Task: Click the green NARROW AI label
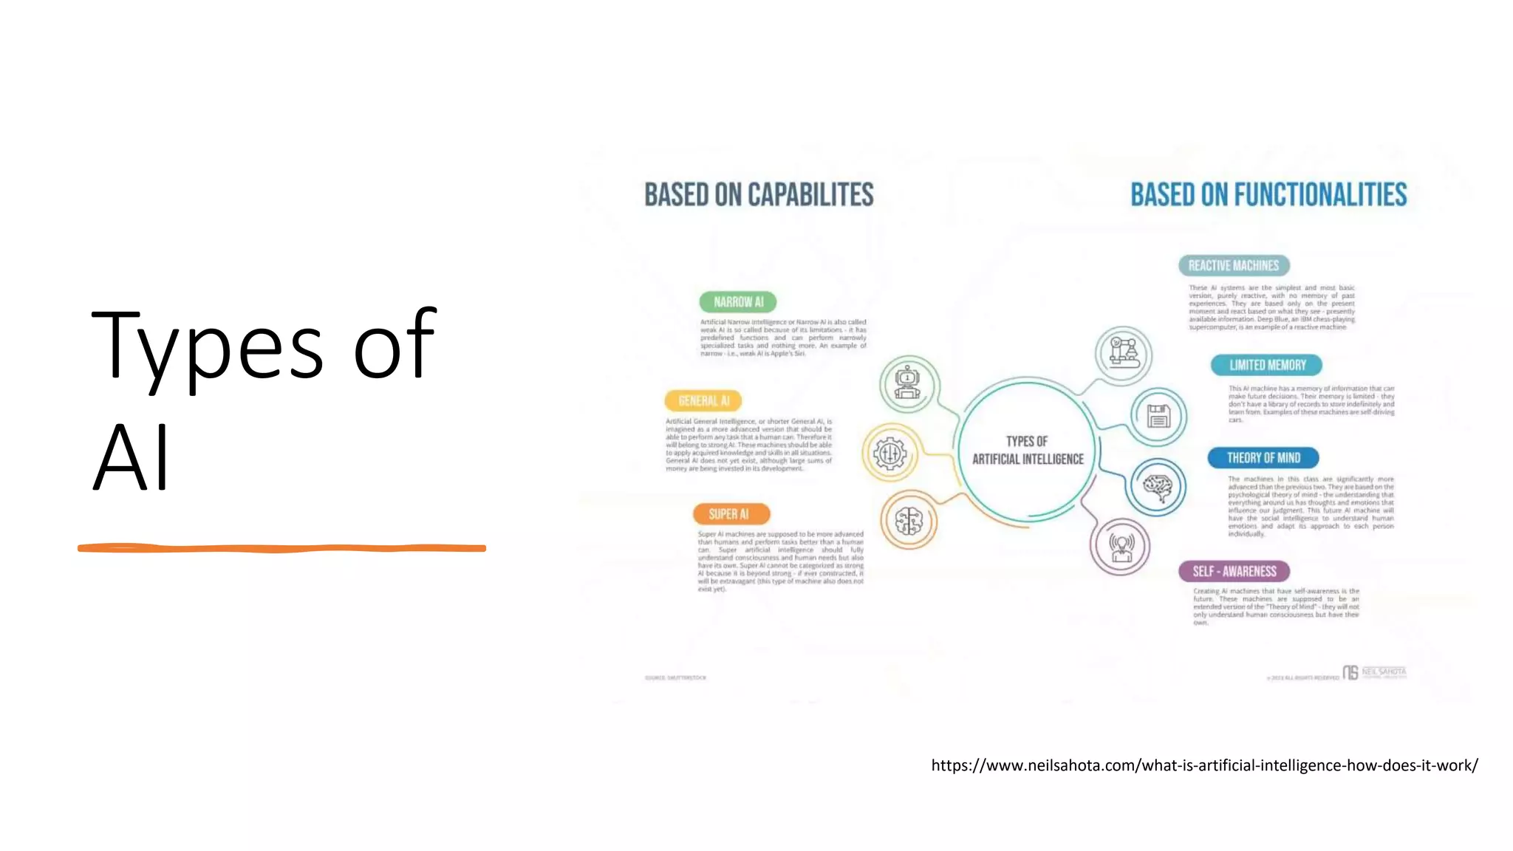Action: (x=738, y=302)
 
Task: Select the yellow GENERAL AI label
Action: (x=703, y=401)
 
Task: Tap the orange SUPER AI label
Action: (x=731, y=514)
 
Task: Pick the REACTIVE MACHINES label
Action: (x=1233, y=266)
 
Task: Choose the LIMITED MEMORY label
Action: (x=1266, y=365)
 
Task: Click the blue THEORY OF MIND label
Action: (x=1263, y=458)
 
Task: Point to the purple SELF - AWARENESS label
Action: (x=1234, y=571)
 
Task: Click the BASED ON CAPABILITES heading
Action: (x=759, y=195)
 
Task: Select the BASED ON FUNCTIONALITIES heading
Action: (x=1268, y=195)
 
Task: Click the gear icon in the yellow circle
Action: (x=890, y=453)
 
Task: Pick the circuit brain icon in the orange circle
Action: (x=909, y=522)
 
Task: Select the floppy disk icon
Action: (x=1158, y=416)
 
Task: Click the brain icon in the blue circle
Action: (x=1158, y=487)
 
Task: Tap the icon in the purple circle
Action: (x=1121, y=547)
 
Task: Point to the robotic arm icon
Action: (x=1123, y=353)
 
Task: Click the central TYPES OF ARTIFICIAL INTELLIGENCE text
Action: (x=1028, y=450)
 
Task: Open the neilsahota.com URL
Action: (x=1204, y=765)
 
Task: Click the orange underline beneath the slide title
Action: (x=281, y=548)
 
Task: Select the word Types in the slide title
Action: (x=208, y=346)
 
